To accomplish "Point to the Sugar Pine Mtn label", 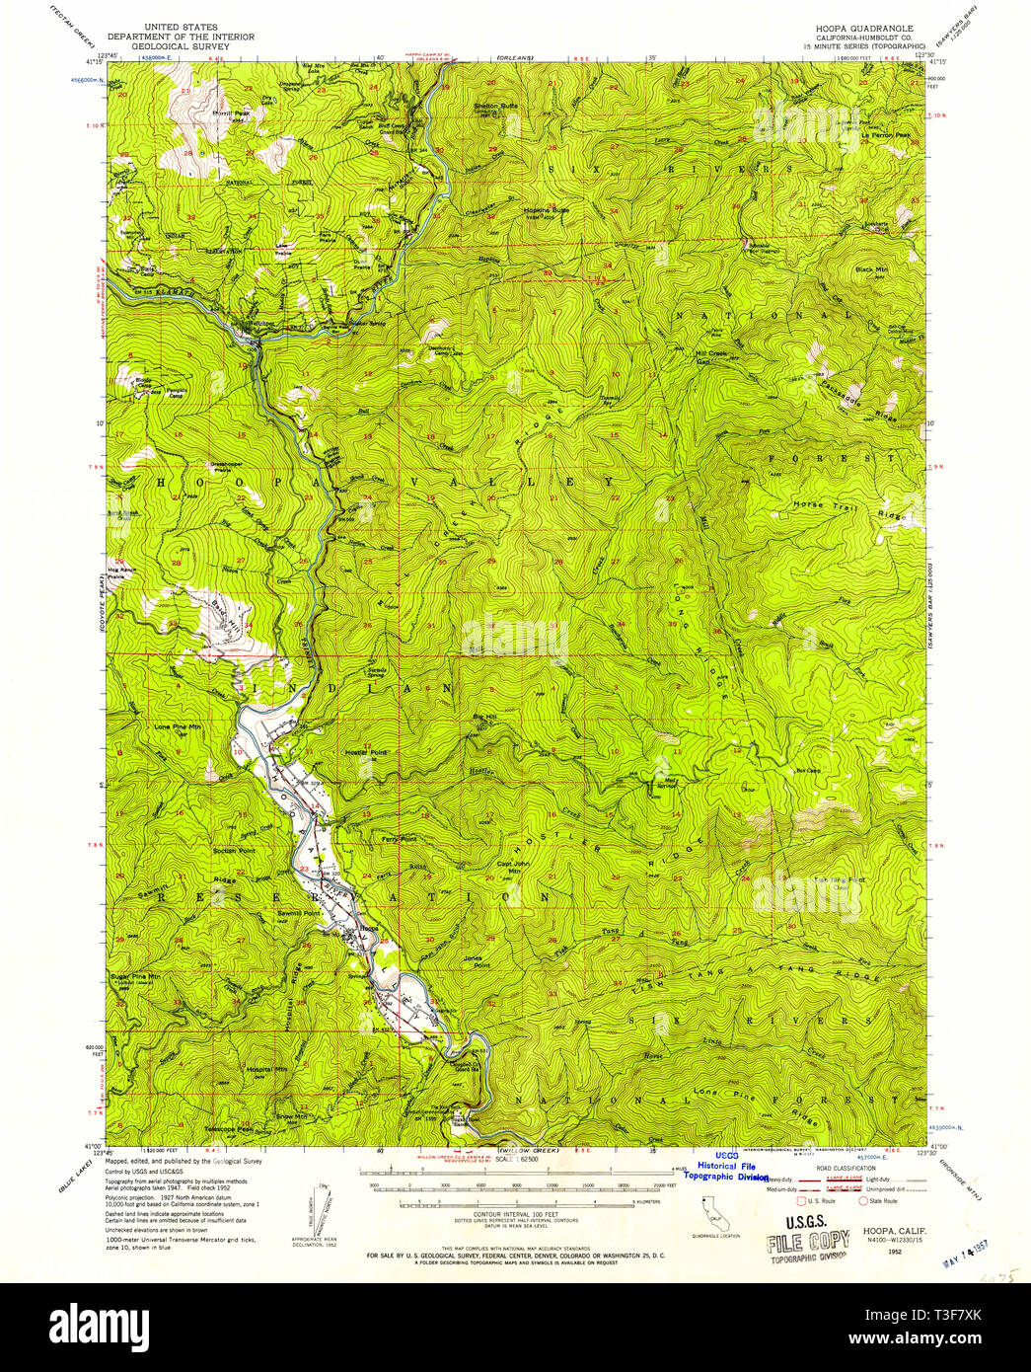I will point(135,975).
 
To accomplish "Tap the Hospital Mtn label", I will point(267,1069).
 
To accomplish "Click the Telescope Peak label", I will point(228,1128).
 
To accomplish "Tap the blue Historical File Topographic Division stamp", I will point(730,1171).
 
